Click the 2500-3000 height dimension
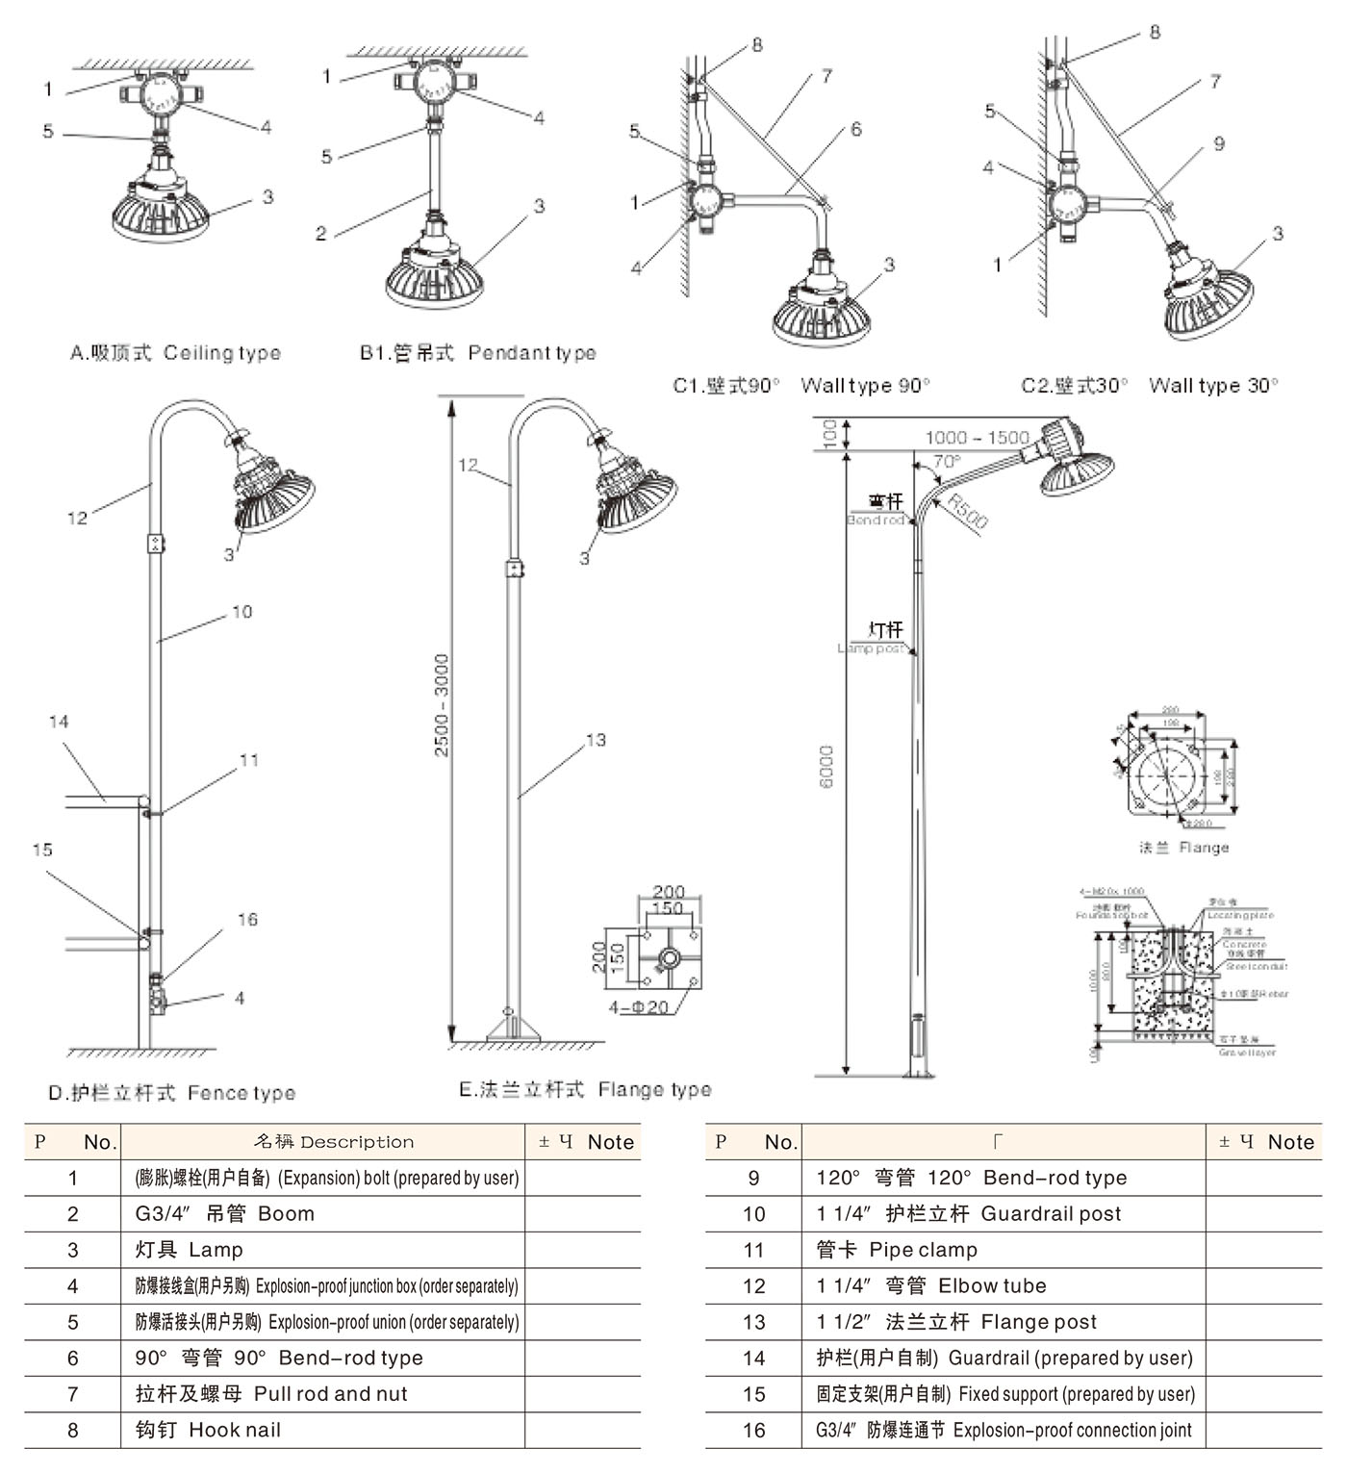coord(442,705)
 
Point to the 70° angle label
coord(947,462)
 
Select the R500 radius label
coord(967,511)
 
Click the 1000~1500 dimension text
coord(978,438)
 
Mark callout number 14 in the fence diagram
coord(59,722)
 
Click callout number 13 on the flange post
coord(596,740)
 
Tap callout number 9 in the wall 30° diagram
coord(1219,143)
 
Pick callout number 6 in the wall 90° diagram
coord(855,129)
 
